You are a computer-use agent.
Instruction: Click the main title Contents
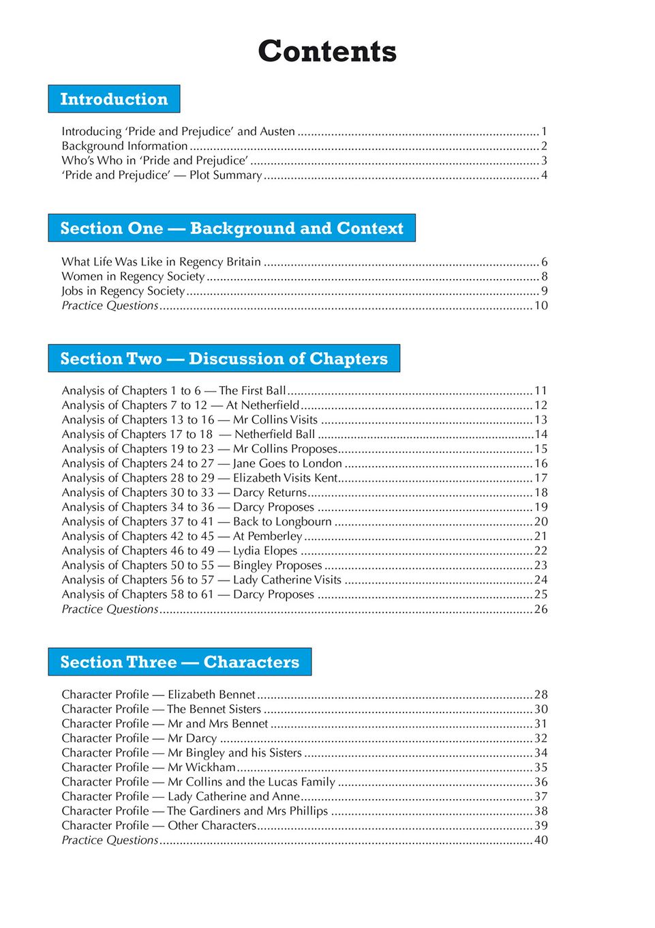click(327, 52)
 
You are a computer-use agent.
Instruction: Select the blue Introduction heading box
click(114, 99)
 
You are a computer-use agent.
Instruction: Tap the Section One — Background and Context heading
click(232, 228)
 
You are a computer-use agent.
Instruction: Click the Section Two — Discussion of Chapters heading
click(224, 358)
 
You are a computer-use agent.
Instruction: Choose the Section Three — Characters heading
click(179, 662)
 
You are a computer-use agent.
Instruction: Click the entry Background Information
click(125, 146)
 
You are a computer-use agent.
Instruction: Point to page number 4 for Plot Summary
click(544, 175)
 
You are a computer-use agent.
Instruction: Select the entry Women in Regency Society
click(133, 276)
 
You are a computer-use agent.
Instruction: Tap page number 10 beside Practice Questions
click(540, 306)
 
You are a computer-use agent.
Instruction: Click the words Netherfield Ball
click(275, 435)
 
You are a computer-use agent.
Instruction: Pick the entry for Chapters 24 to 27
click(202, 463)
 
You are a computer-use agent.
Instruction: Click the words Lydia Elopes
click(265, 551)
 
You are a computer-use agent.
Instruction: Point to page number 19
click(540, 507)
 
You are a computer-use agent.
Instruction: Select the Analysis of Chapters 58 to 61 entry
click(187, 594)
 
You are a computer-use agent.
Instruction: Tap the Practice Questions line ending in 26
click(110, 609)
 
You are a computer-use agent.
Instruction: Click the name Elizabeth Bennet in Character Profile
click(211, 695)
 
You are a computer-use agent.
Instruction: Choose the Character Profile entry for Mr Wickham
click(149, 767)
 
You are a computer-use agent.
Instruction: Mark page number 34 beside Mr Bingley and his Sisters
click(540, 753)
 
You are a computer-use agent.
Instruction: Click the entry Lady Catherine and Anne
click(234, 796)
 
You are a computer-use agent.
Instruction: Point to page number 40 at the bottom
click(540, 840)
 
